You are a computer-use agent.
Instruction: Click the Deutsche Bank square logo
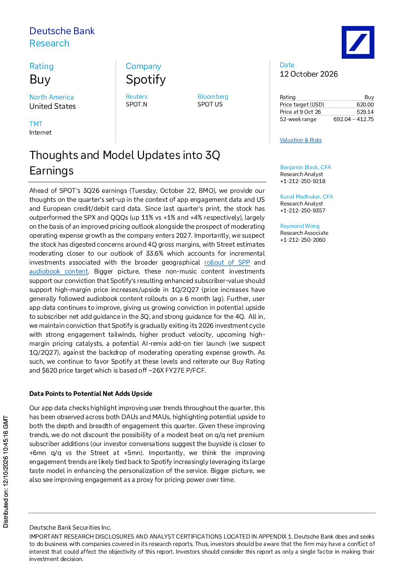tap(358, 42)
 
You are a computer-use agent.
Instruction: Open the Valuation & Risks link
tap(301, 140)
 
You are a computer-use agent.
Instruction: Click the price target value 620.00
tap(365, 104)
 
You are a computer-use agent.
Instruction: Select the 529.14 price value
tap(365, 112)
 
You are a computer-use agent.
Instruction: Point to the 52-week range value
tap(353, 119)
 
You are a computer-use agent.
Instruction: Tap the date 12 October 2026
tap(309, 74)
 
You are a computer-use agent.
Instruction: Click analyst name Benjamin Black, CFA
tap(305, 167)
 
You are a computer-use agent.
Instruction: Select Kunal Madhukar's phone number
tap(303, 210)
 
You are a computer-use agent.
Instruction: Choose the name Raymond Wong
tap(300, 226)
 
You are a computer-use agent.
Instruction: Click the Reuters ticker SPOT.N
tap(136, 104)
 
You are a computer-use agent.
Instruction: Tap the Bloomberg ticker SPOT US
tap(210, 104)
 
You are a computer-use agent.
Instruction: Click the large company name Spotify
tap(146, 80)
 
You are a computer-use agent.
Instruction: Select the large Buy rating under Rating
tap(40, 80)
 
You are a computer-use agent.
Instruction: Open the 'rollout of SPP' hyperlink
tap(227, 262)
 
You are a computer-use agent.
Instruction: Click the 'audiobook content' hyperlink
tap(59, 271)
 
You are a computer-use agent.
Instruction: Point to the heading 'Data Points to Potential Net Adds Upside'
tap(90, 393)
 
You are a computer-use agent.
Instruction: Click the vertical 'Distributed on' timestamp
tap(6, 472)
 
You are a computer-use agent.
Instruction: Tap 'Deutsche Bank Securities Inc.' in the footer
tap(70, 528)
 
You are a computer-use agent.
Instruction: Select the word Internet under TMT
tap(40, 132)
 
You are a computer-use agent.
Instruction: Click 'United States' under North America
tap(53, 106)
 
